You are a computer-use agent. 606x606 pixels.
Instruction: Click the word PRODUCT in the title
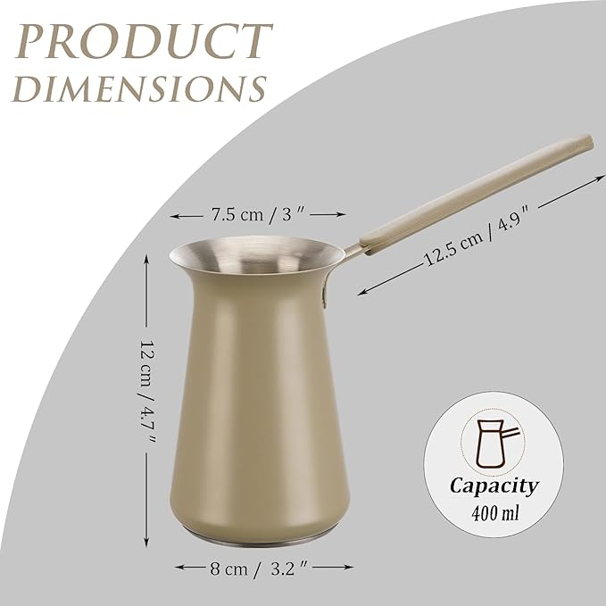[144, 41]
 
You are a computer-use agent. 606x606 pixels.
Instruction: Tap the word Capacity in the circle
[494, 486]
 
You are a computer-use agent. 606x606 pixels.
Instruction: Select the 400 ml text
[494, 514]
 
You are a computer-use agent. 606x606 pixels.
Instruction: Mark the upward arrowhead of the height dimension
[148, 256]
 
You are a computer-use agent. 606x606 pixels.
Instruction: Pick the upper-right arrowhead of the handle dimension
[599, 178]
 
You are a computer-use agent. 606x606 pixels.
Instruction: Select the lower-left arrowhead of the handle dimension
[361, 291]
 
